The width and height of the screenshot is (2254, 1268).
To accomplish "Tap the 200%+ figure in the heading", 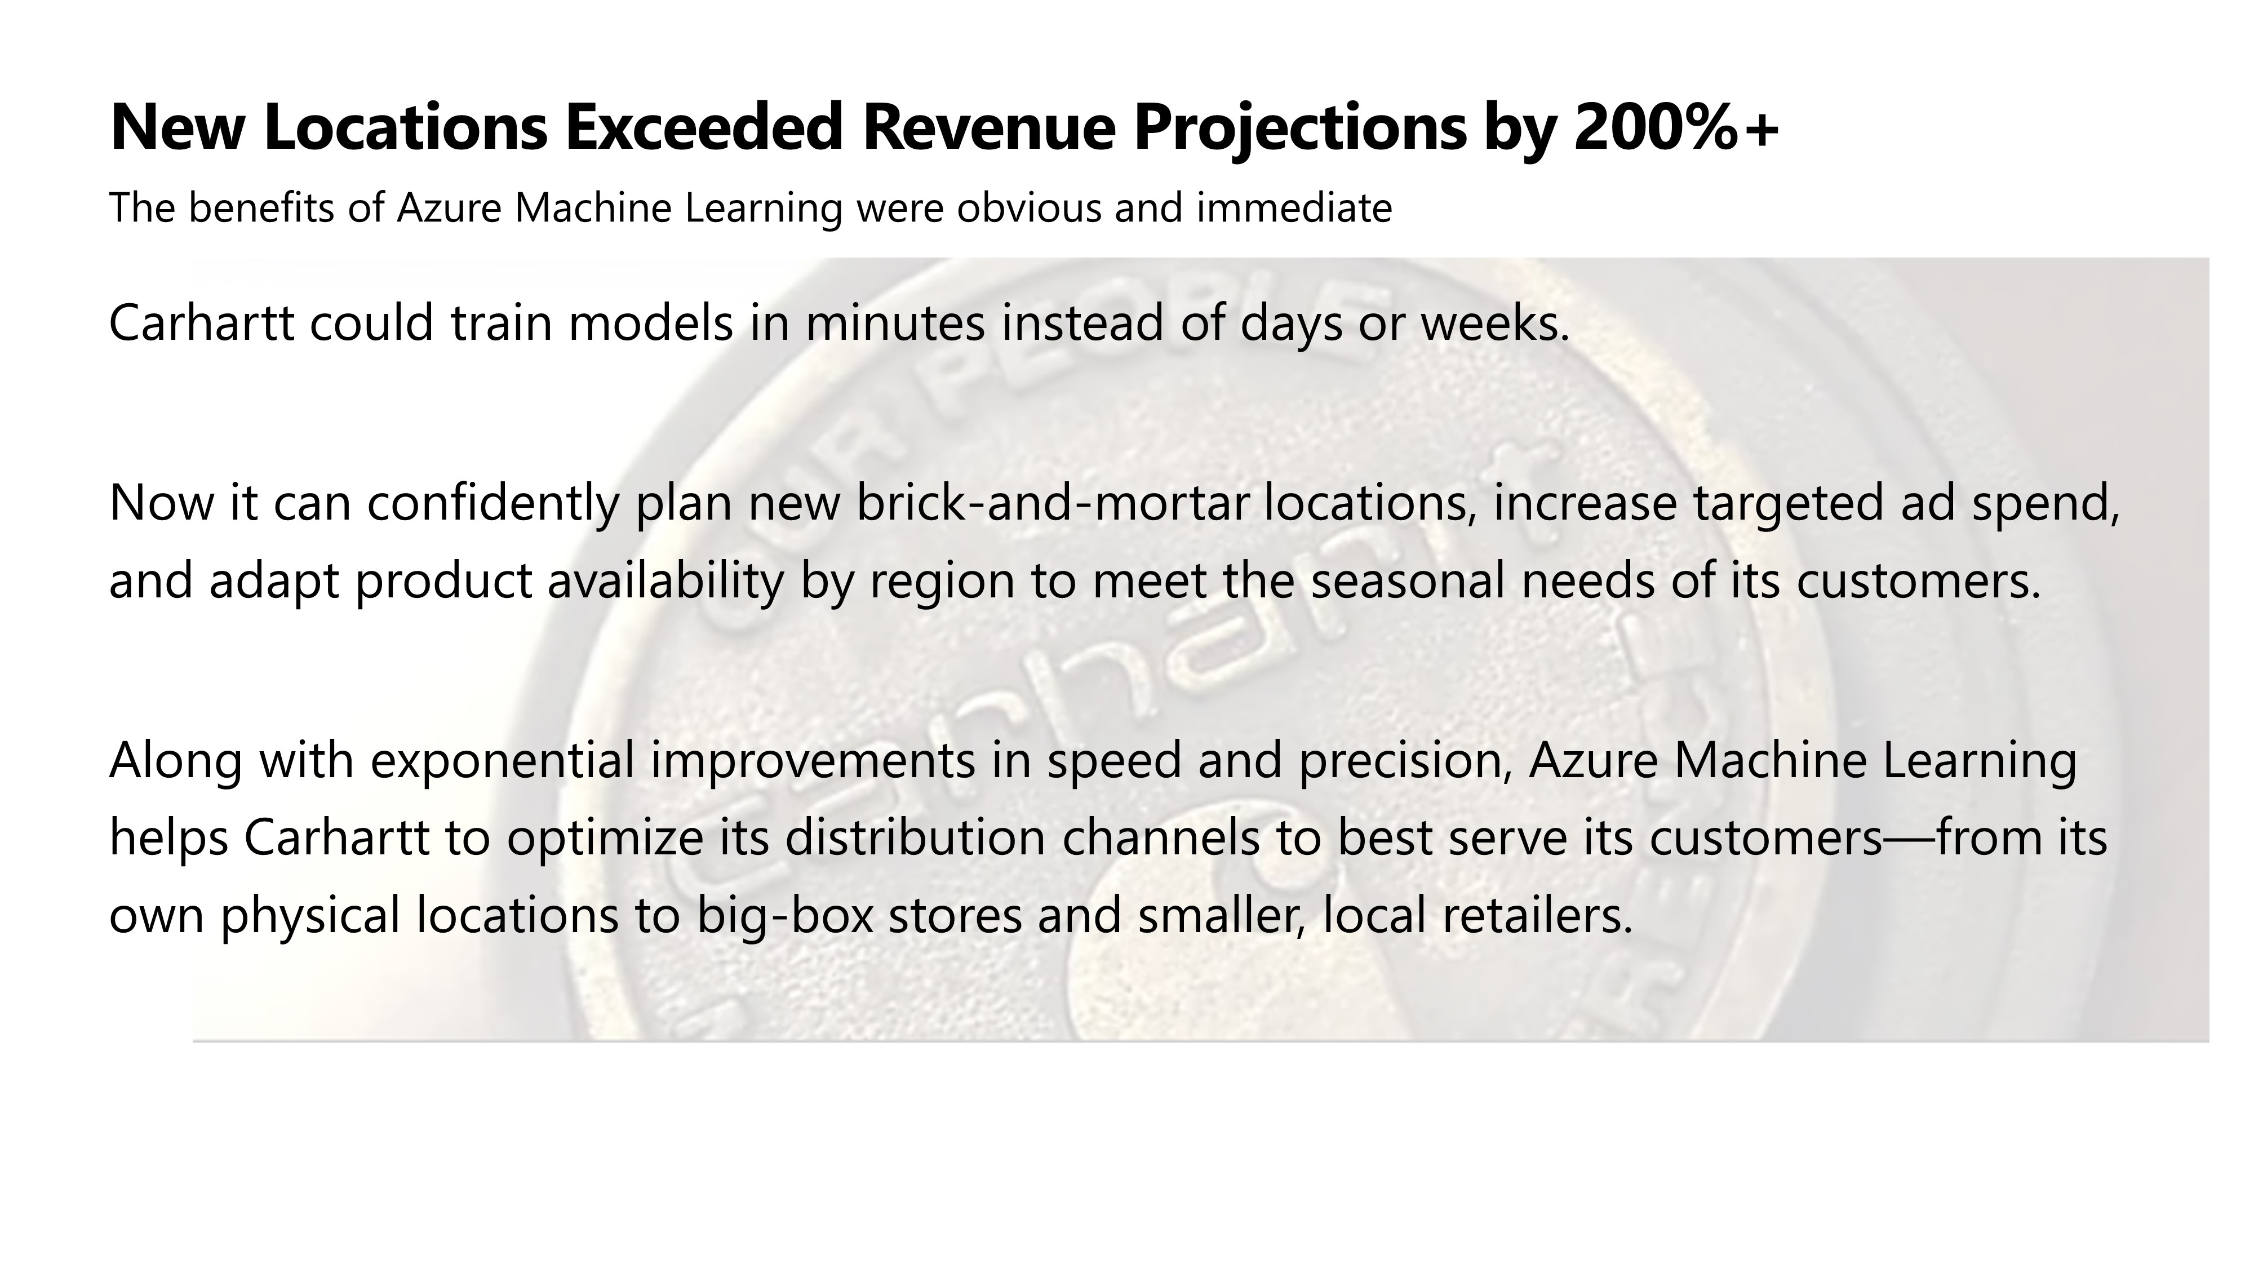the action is [1676, 127].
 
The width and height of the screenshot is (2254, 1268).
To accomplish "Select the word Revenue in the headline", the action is [989, 127].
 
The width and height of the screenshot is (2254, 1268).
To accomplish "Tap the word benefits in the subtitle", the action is [261, 209].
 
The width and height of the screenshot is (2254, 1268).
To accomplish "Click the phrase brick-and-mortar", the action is [1051, 503].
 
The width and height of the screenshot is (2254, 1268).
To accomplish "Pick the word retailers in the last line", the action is [1537, 915].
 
